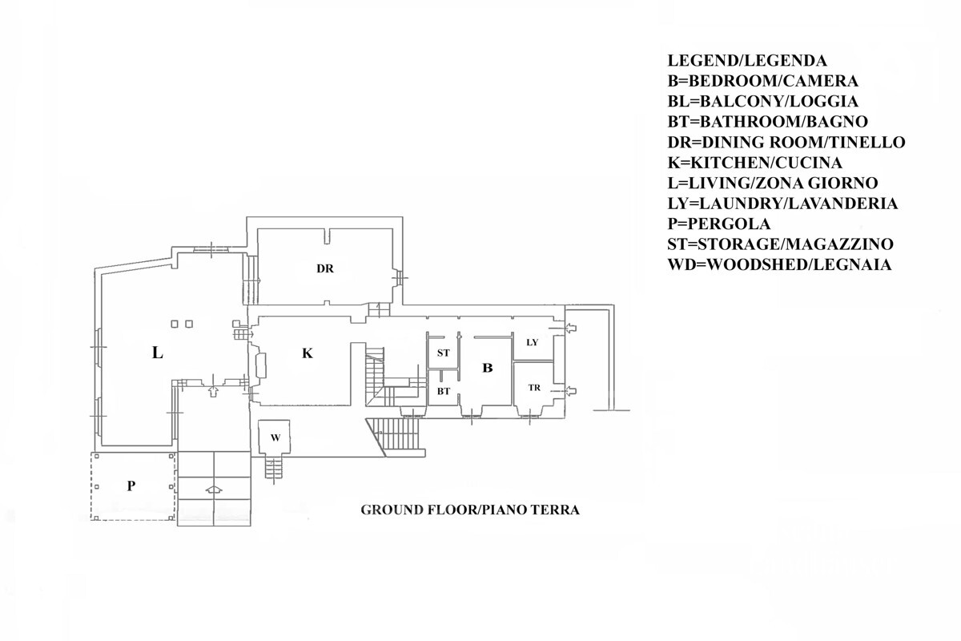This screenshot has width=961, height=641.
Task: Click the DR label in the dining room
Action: tap(325, 268)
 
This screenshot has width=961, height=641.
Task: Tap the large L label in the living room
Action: tap(158, 353)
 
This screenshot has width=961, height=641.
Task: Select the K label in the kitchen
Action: tap(308, 353)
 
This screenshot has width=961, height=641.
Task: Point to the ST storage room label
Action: tap(443, 353)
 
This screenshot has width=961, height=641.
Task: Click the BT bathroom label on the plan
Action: tap(443, 391)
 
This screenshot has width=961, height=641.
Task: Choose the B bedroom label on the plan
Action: tap(488, 368)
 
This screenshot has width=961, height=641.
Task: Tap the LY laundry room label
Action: tap(532, 342)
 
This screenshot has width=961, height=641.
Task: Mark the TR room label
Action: tap(534, 388)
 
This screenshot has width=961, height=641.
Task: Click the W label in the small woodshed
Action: tap(275, 438)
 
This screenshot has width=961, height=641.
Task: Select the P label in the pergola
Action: tap(131, 486)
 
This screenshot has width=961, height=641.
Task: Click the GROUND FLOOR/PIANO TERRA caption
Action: tap(470, 510)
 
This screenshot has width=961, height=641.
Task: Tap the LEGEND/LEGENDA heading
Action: tap(747, 61)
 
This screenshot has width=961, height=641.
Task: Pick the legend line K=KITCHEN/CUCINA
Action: tap(754, 163)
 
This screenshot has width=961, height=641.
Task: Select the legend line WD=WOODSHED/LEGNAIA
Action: tap(779, 264)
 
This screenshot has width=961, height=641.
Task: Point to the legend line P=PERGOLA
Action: tap(719, 224)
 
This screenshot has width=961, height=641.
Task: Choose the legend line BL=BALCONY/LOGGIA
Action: tap(762, 101)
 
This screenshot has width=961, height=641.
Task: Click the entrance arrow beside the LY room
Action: tap(570, 329)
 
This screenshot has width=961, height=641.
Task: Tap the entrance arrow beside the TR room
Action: tap(570, 391)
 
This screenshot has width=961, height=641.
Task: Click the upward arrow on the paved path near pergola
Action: tap(214, 490)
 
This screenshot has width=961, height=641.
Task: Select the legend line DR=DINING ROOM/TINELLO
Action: tap(786, 142)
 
